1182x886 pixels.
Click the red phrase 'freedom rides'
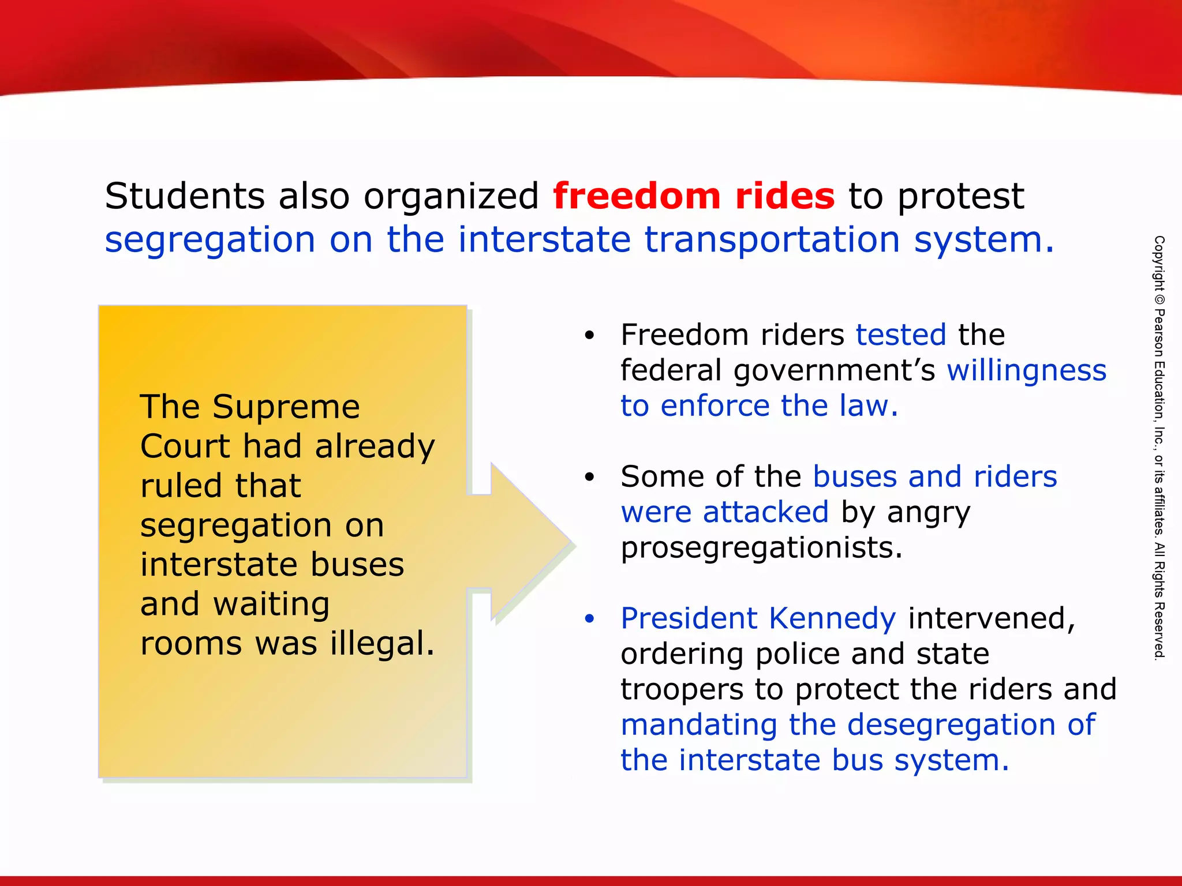(x=693, y=196)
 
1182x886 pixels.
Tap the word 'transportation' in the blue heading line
(x=772, y=239)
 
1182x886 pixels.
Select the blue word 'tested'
(x=900, y=335)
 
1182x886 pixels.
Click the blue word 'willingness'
(x=1026, y=370)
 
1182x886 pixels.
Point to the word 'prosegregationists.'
(x=761, y=548)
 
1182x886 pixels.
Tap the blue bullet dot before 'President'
(x=589, y=619)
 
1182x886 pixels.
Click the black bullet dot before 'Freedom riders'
(x=589, y=335)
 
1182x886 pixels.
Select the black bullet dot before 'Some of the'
(x=589, y=477)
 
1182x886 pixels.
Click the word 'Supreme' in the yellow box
(x=286, y=407)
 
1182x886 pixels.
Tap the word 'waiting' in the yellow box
(x=271, y=604)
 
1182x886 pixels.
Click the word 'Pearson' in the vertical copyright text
(x=1159, y=334)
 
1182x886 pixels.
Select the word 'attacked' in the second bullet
(x=765, y=512)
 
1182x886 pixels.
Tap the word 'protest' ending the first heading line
(x=960, y=196)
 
